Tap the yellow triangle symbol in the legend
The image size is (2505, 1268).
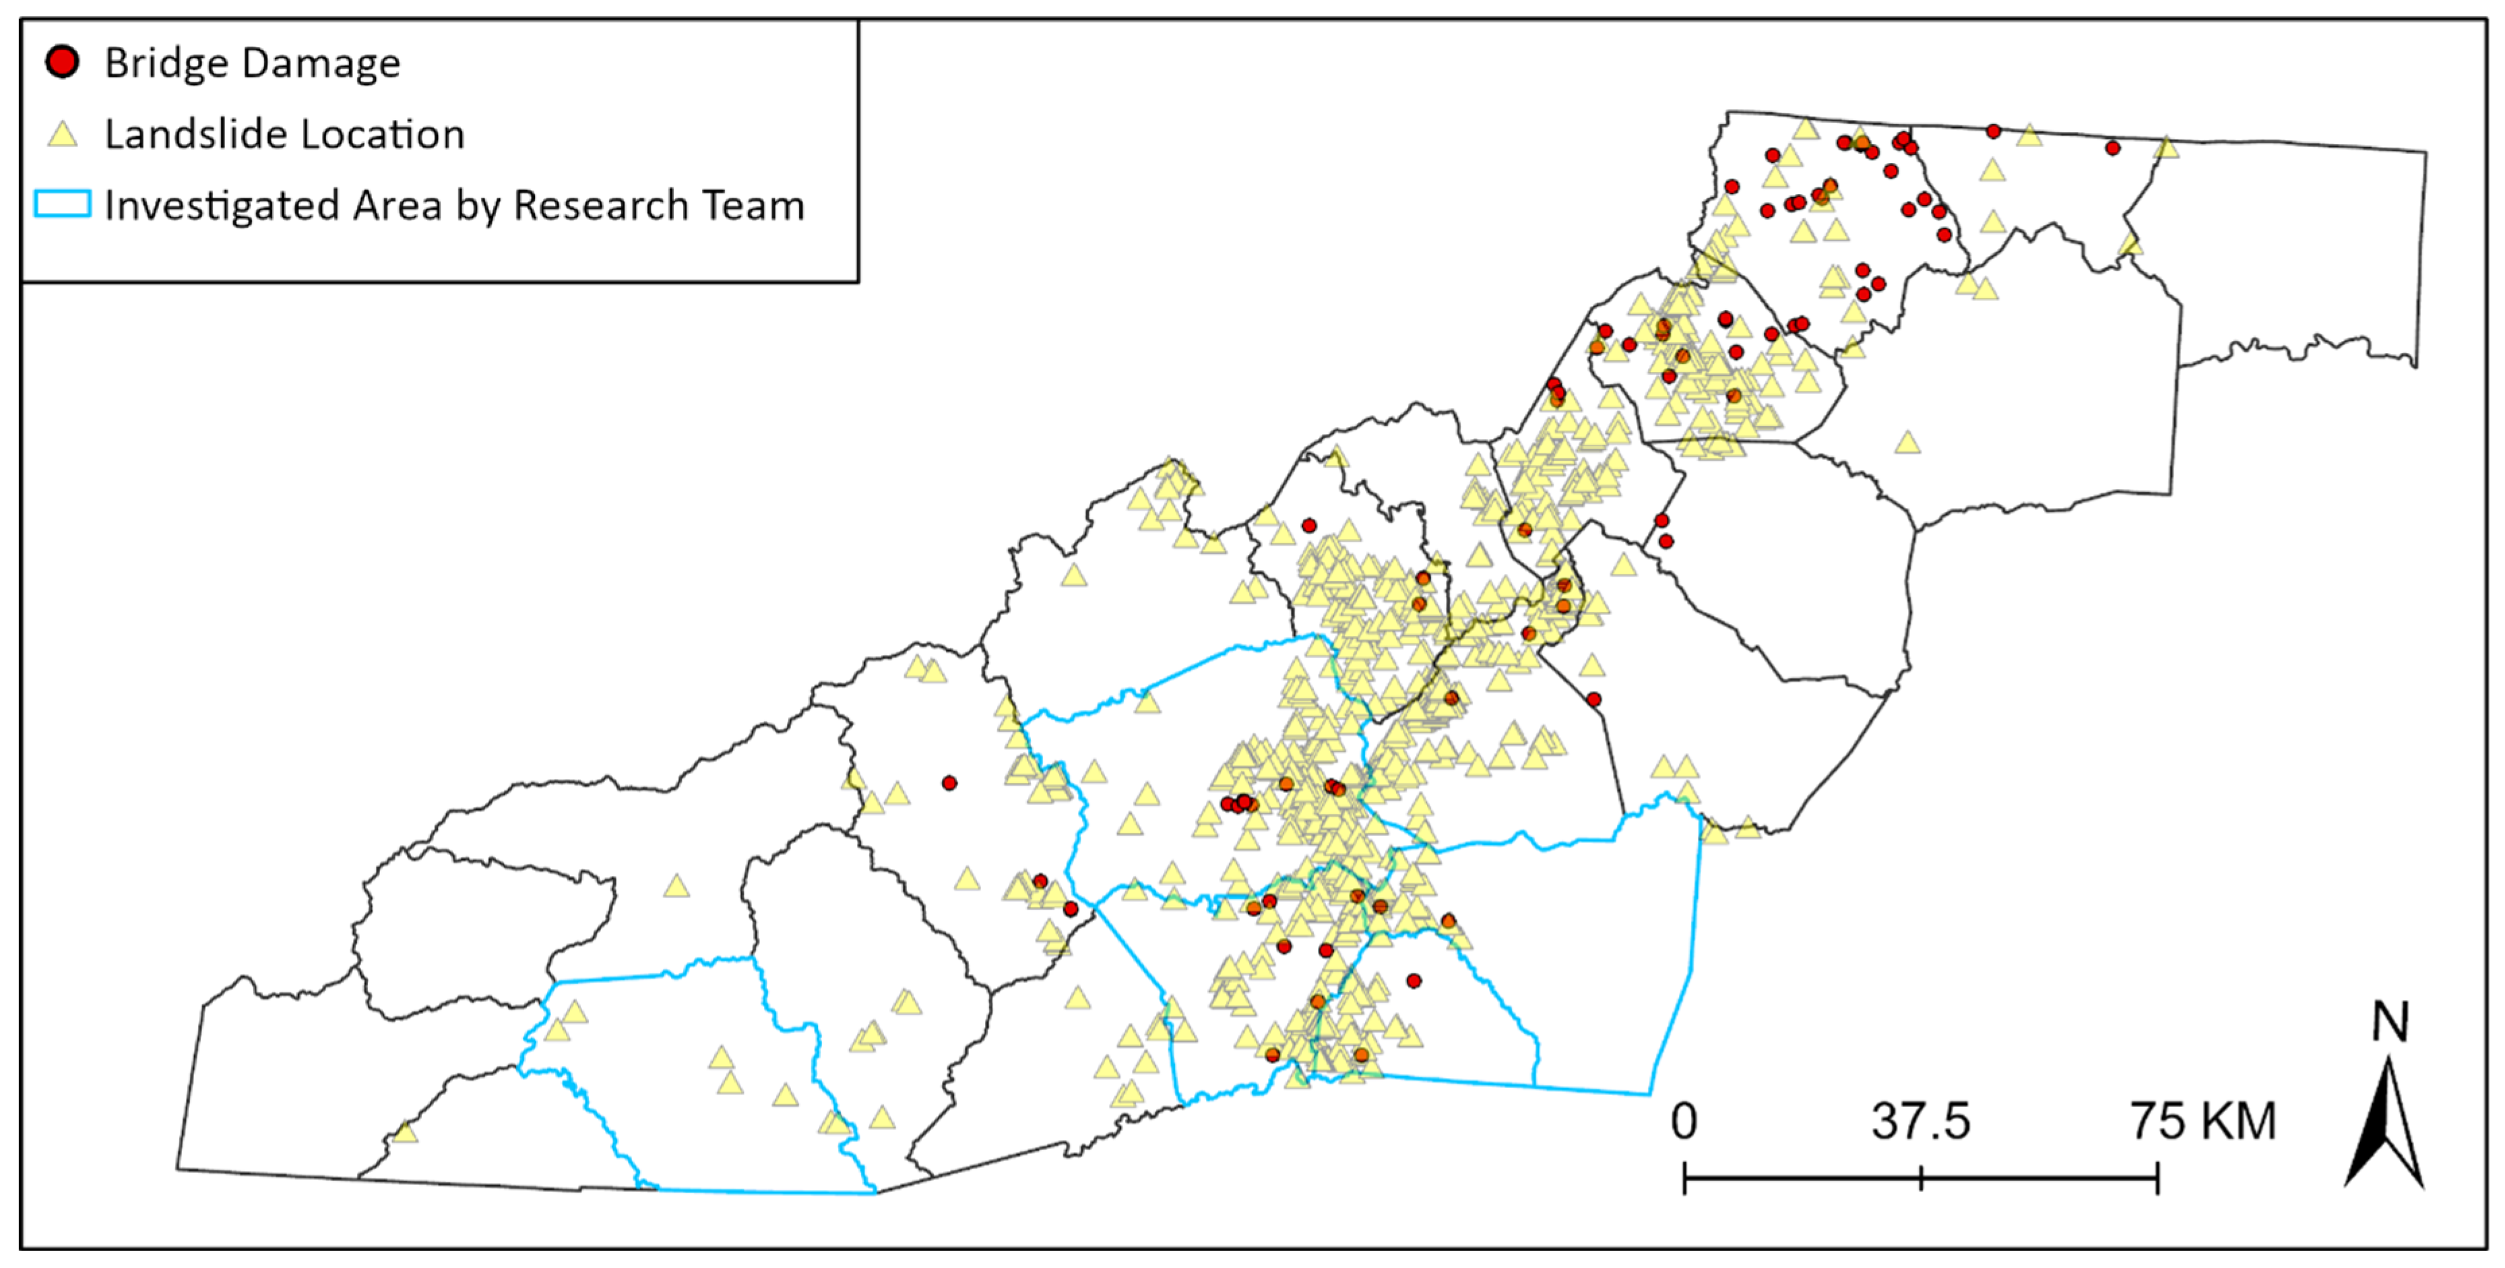pyautogui.click(x=62, y=134)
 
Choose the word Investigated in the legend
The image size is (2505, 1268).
pyautogui.click(x=222, y=206)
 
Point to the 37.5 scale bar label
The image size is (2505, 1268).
pyautogui.click(x=1921, y=1121)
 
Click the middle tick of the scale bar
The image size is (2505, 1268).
pyautogui.click(x=1921, y=1178)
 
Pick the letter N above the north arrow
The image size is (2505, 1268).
pyautogui.click(x=2389, y=1022)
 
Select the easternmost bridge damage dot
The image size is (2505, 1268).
pyautogui.click(x=2112, y=148)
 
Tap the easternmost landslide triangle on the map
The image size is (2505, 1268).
pyautogui.click(x=2165, y=147)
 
